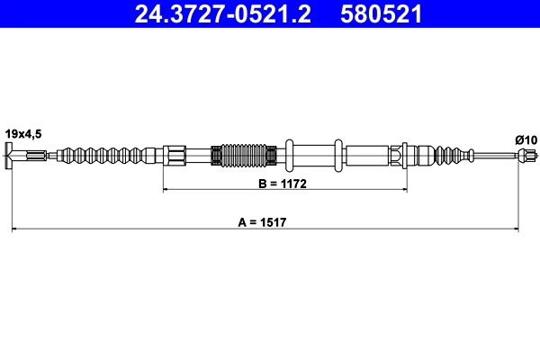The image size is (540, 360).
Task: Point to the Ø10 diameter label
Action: click(526, 139)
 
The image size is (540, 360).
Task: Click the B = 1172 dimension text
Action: click(284, 183)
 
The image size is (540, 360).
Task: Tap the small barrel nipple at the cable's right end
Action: click(519, 156)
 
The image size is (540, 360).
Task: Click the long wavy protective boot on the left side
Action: click(103, 156)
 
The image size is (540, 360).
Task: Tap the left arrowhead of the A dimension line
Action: click(15, 230)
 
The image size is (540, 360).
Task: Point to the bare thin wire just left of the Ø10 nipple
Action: click(493, 156)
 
